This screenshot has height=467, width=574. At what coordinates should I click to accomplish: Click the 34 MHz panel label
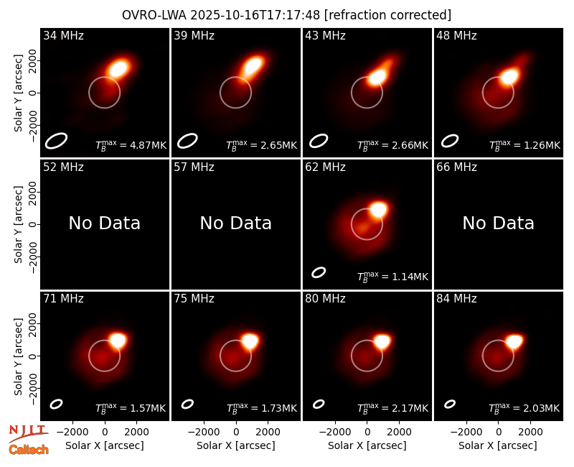click(x=63, y=35)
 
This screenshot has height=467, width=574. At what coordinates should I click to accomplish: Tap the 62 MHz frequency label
click(x=325, y=167)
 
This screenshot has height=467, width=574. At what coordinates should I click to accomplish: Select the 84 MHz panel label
click(x=456, y=299)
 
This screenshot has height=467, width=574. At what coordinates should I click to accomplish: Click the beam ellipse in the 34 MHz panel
click(x=56, y=141)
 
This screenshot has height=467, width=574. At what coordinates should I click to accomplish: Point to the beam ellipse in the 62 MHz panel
click(x=319, y=272)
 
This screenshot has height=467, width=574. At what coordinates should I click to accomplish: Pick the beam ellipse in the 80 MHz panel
click(x=319, y=404)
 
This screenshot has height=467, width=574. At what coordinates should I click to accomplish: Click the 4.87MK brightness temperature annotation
click(x=131, y=144)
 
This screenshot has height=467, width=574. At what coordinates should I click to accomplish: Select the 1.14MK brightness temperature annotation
click(x=392, y=276)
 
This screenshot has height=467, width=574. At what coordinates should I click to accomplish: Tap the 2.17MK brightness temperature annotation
click(x=392, y=407)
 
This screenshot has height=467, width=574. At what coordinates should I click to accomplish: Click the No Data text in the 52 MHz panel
click(x=105, y=223)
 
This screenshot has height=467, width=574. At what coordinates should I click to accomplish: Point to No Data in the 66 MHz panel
click(x=498, y=223)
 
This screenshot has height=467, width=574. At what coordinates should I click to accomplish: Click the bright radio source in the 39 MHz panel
click(x=253, y=66)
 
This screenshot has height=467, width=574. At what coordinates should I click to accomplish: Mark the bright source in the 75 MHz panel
click(x=250, y=341)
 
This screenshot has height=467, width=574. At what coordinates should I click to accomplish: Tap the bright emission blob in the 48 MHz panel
click(x=509, y=77)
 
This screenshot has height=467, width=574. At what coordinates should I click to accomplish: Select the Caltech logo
click(x=29, y=450)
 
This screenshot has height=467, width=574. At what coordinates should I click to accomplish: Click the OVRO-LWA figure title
click(x=286, y=15)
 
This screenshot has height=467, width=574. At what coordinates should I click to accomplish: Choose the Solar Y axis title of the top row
click(x=18, y=93)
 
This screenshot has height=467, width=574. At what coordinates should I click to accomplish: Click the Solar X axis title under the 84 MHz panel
click(x=498, y=445)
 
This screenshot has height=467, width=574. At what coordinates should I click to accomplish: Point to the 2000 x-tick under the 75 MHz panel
click(x=268, y=433)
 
